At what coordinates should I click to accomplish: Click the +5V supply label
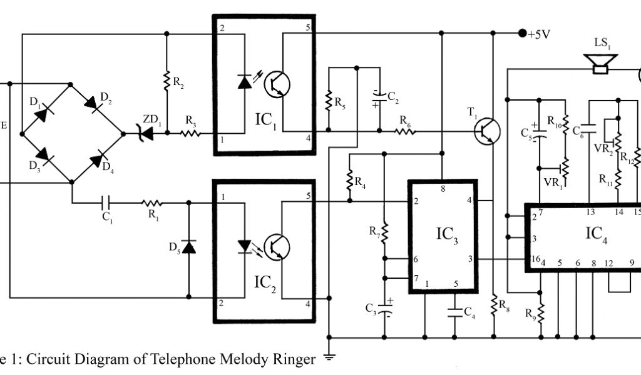pos(539,34)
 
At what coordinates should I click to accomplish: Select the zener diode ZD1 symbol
pos(148,132)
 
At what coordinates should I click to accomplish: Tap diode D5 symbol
pos(188,247)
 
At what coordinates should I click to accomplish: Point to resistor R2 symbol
pos(167,80)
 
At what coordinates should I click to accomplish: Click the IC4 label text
pos(597,234)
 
